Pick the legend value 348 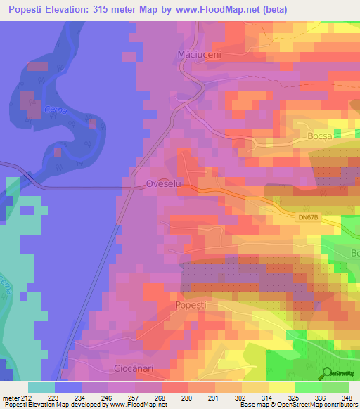[347, 397]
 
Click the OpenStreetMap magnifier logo [326, 374]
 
